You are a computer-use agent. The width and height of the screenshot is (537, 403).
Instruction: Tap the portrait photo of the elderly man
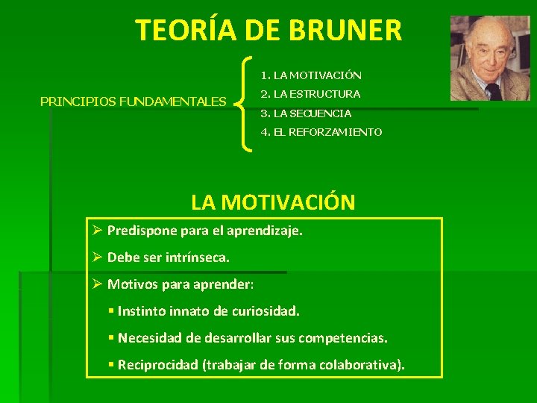[x=489, y=58]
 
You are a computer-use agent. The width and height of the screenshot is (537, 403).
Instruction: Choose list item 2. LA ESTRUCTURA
[x=310, y=94]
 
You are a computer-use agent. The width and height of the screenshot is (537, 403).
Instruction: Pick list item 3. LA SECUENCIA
[x=306, y=113]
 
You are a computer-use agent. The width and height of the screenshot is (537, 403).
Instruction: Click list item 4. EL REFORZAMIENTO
[x=321, y=132]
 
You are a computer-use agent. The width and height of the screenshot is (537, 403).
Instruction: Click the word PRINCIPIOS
[x=72, y=101]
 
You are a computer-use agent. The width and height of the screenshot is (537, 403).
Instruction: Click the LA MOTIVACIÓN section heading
[x=273, y=202]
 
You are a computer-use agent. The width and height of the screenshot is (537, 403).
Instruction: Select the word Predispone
[x=138, y=231]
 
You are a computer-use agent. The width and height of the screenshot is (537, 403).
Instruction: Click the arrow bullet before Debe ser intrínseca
[x=98, y=257]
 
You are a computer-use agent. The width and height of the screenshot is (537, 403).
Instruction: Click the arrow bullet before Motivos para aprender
[x=98, y=284]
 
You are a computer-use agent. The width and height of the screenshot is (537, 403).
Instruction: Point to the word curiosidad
[x=268, y=311]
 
